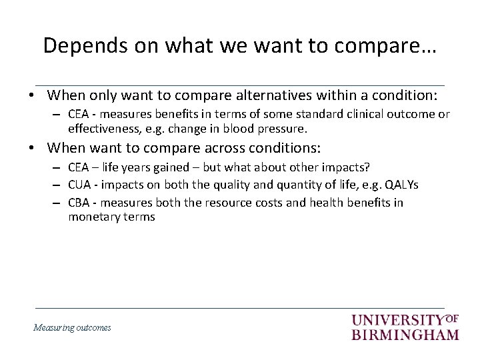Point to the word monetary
pyautogui.click(x=92, y=216)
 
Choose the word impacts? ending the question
pyautogui.click(x=345, y=166)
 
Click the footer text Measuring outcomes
pyautogui.click(x=72, y=327)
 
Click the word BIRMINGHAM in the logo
pyautogui.click(x=405, y=334)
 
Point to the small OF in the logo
pyautogui.click(x=451, y=318)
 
